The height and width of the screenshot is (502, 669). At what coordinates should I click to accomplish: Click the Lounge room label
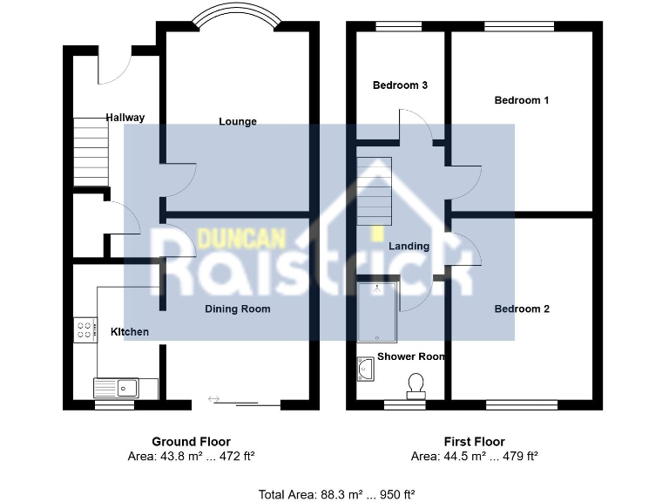coord(238,121)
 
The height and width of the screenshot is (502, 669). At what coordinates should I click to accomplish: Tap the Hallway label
coord(125,118)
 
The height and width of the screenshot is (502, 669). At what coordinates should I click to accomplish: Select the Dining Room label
coord(238,309)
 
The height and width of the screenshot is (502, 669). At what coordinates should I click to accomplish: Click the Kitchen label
coord(130,332)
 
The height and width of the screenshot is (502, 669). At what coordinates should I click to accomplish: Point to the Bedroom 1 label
coord(522,100)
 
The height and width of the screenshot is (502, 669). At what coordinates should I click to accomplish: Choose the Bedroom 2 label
coord(522,309)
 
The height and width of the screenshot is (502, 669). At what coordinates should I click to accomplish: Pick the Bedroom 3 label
coord(400,85)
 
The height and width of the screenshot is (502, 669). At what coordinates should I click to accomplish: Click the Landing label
coord(409,246)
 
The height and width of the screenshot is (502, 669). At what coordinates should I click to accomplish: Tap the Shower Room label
coord(411,356)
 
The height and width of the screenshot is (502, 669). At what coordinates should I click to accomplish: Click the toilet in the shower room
coord(416,384)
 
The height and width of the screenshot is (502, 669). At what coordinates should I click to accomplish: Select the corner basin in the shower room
coord(366,370)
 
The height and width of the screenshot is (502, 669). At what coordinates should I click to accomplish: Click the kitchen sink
coord(116,386)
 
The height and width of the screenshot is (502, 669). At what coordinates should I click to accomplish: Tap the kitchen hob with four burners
coord(86,329)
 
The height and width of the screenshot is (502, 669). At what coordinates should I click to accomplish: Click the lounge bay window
coord(237,17)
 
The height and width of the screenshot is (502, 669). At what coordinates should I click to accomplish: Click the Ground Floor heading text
coord(192,442)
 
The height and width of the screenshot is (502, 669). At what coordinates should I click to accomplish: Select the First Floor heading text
coord(474,442)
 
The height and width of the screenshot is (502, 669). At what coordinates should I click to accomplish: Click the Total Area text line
coord(334,493)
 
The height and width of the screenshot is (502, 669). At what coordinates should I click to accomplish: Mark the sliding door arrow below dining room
coord(214,399)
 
